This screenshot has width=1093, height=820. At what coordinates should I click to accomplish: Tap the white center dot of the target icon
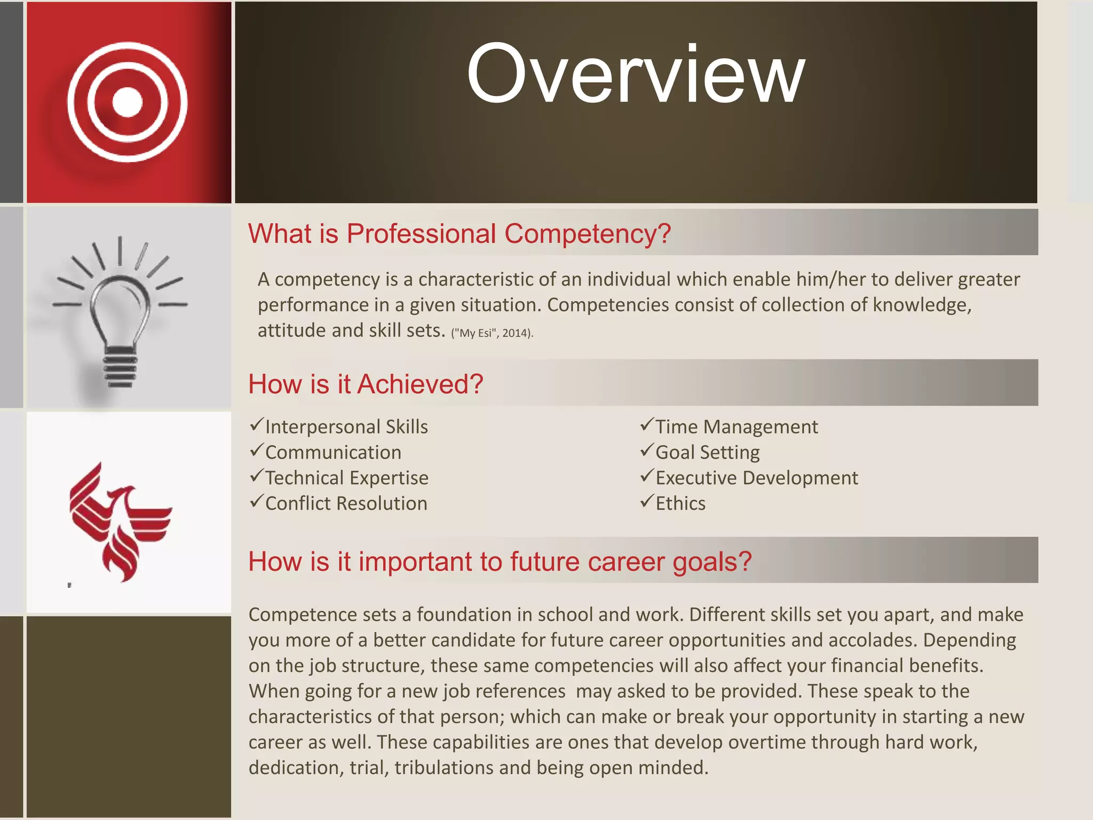(x=128, y=101)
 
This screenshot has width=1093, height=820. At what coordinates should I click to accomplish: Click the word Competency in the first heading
(x=587, y=234)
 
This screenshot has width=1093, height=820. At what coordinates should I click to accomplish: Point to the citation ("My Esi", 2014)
(x=492, y=333)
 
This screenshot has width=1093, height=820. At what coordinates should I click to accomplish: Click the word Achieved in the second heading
(x=420, y=384)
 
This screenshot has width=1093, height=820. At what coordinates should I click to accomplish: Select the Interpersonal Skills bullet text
(x=346, y=427)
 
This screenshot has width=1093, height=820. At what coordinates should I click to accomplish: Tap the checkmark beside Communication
(x=257, y=451)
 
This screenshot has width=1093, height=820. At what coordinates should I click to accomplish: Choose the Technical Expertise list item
(x=346, y=478)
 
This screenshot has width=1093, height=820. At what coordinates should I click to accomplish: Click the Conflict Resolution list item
(x=346, y=503)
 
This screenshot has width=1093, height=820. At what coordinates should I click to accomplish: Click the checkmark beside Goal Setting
(x=647, y=451)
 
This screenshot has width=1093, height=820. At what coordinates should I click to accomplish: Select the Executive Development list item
(x=756, y=478)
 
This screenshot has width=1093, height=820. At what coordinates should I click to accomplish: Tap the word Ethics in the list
(x=680, y=503)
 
